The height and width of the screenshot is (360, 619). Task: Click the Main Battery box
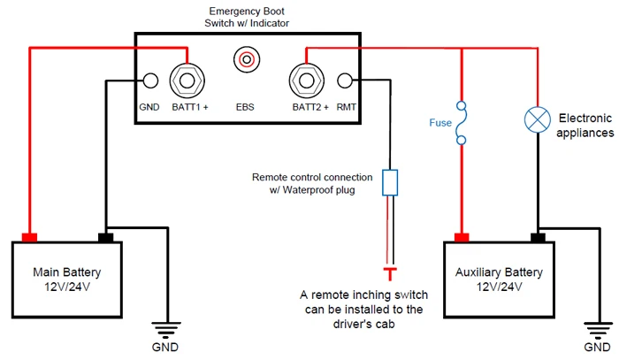[x=67, y=278]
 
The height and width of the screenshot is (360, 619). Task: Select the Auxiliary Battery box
[x=500, y=278]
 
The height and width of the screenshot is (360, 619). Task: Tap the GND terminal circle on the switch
[x=150, y=81]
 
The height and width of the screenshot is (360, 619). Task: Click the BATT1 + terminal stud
[x=187, y=81]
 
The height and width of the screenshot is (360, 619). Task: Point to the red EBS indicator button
[x=245, y=60]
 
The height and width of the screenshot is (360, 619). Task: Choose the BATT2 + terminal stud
[x=306, y=81]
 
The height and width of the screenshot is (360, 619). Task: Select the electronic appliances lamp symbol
[x=536, y=119]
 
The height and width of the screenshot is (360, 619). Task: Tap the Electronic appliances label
[x=585, y=125]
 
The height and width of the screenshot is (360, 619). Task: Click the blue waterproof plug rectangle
[x=389, y=182]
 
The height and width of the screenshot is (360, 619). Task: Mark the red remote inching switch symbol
[x=389, y=268]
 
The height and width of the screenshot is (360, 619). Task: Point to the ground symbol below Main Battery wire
[x=163, y=326]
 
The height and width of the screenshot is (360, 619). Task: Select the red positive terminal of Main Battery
[x=29, y=237]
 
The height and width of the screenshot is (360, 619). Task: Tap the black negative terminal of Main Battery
[x=105, y=237]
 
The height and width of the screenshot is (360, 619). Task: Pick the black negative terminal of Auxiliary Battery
[x=536, y=237]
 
